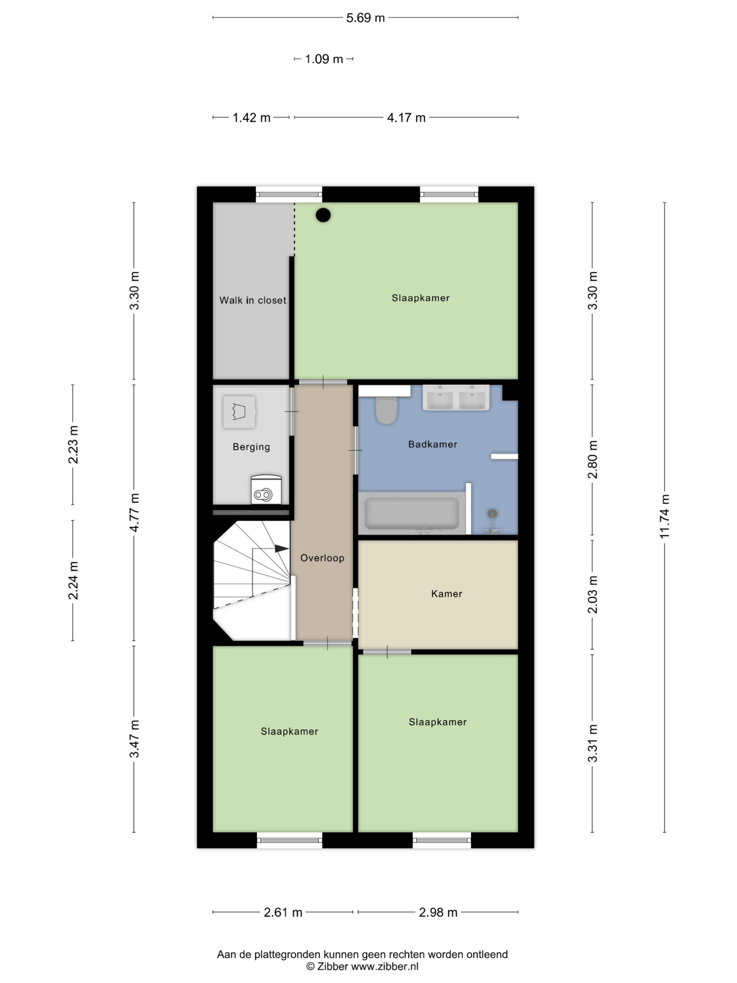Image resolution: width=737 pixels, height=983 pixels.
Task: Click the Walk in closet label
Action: [x=253, y=300]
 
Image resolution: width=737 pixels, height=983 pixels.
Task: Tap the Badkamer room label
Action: [x=433, y=444]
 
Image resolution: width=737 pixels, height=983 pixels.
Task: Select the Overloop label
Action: [x=322, y=558]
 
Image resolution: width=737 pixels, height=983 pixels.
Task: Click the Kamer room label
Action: [x=446, y=594]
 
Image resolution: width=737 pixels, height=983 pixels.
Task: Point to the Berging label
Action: [x=251, y=447]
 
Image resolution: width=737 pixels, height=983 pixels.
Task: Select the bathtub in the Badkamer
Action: [x=412, y=513]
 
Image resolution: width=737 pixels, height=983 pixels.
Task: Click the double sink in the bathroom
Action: [x=456, y=398]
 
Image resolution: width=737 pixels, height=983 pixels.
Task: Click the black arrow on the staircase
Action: [x=282, y=549]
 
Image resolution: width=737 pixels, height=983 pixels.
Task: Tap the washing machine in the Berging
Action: [x=266, y=490]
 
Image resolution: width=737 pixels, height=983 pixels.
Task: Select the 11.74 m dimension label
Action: [x=664, y=517]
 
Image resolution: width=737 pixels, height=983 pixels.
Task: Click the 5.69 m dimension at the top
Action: [x=365, y=18]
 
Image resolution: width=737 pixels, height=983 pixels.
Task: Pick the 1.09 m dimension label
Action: [x=324, y=59]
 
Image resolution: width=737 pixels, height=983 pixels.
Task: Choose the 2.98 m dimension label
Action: [x=438, y=912]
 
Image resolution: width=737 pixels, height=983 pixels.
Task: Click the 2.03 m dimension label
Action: [x=593, y=594]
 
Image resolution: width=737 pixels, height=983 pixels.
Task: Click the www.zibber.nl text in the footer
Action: [x=385, y=966]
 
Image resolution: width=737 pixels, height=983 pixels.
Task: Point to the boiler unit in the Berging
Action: [x=239, y=412]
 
